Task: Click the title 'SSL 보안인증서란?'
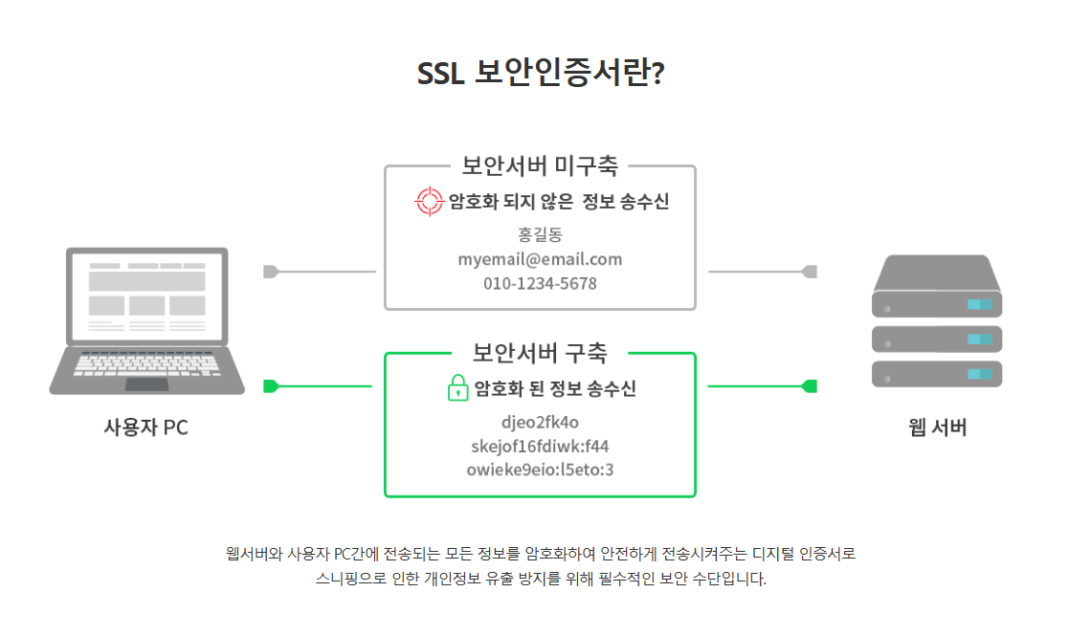pos(541,75)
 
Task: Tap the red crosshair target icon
pos(430,202)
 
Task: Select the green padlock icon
pos(458,388)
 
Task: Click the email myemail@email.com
pos(540,259)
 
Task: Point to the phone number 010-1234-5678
pos(540,284)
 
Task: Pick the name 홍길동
pos(540,234)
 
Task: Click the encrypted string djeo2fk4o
pos(540,422)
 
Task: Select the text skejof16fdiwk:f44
pos(540,446)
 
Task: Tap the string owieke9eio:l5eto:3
pos(540,470)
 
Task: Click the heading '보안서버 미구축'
pos(540,165)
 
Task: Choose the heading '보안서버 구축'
pos(540,352)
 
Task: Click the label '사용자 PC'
pos(145,428)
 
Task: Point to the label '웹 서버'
pos(937,428)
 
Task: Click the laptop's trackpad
pos(146,384)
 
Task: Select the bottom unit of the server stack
pos(937,373)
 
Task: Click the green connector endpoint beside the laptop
pos(270,386)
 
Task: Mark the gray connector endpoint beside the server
pos(810,272)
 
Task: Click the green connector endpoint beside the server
pos(810,386)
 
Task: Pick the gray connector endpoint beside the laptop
pos(270,272)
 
